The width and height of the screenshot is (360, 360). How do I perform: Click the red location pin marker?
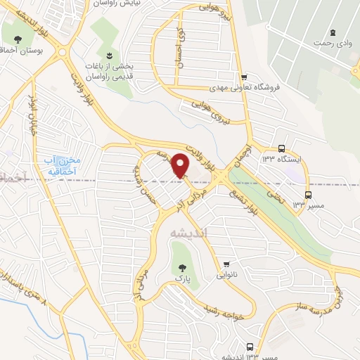[x=181, y=165]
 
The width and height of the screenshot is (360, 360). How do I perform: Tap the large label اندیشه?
[x=188, y=233]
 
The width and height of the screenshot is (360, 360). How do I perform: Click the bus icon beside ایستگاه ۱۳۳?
[x=281, y=149]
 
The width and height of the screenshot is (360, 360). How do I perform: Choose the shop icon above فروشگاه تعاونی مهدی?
[x=243, y=77]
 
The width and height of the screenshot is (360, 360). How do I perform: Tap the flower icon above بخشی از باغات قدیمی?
[x=109, y=55]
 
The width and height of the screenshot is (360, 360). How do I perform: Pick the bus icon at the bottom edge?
[x=250, y=346]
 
